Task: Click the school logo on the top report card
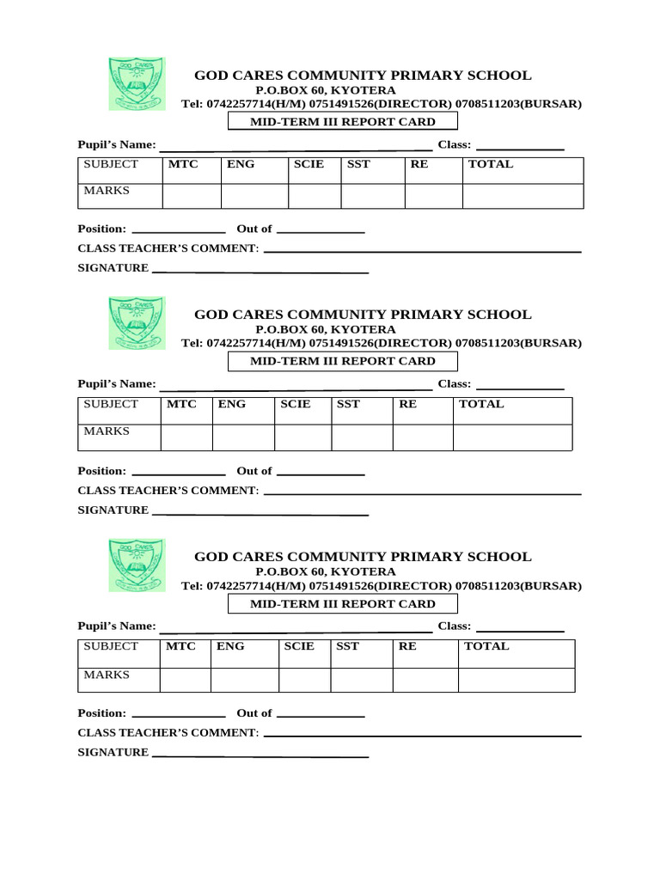pos(137,83)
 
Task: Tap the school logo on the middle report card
pos(137,323)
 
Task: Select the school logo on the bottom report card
pos(137,565)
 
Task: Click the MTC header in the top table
pos(183,164)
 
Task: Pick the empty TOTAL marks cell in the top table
pos(522,196)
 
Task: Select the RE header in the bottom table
pos(407,646)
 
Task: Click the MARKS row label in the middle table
pos(107,431)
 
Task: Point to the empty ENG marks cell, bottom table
pos(244,680)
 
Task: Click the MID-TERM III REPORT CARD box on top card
pos(343,122)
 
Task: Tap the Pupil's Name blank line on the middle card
pos(296,388)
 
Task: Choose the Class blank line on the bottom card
pos(520,630)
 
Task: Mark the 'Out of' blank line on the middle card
pos(321,474)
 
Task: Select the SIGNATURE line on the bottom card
pos(260,756)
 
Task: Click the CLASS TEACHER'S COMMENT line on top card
pos(422,252)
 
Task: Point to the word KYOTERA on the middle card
pos(364,329)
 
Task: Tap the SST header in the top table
pos(359,164)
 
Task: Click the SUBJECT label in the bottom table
pos(111,646)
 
